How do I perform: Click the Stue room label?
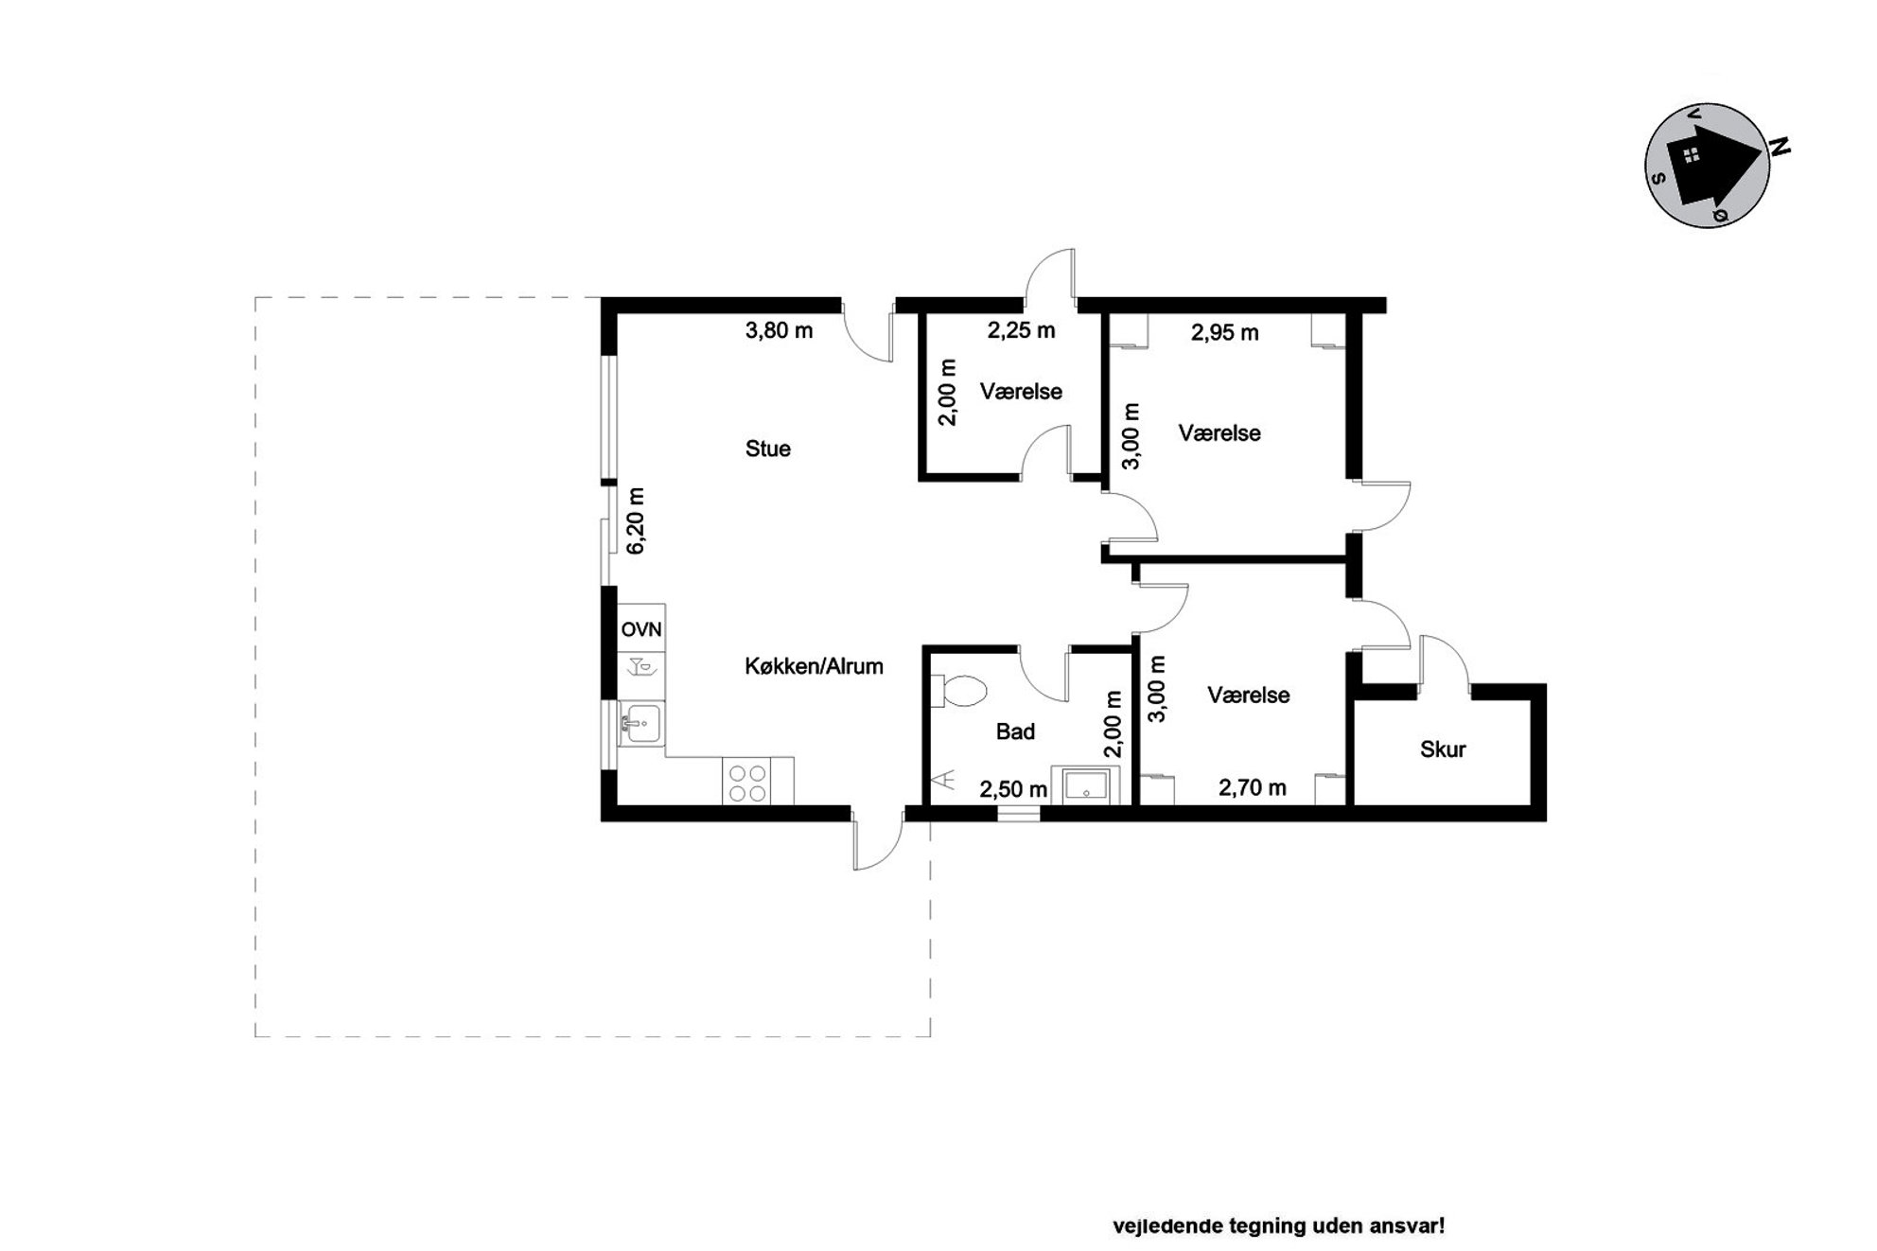[767, 449]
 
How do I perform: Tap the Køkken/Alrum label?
[814, 666]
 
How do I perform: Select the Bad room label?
[1015, 731]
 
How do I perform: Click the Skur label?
[1443, 749]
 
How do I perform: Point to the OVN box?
[641, 628]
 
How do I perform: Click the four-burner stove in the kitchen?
[746, 781]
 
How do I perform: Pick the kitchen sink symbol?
[641, 724]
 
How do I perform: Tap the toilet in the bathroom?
[957, 690]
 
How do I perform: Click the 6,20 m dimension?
[635, 521]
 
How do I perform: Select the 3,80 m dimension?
[779, 330]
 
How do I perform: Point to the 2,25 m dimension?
[1021, 330]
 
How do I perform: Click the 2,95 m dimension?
[1224, 332]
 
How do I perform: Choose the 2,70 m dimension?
[1252, 787]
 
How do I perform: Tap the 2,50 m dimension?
[1013, 789]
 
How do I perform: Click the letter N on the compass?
[1780, 147]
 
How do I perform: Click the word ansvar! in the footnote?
[1407, 1226]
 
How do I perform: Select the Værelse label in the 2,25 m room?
[1021, 392]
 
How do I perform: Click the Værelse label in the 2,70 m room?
[1249, 696]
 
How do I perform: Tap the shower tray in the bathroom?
[1085, 785]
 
